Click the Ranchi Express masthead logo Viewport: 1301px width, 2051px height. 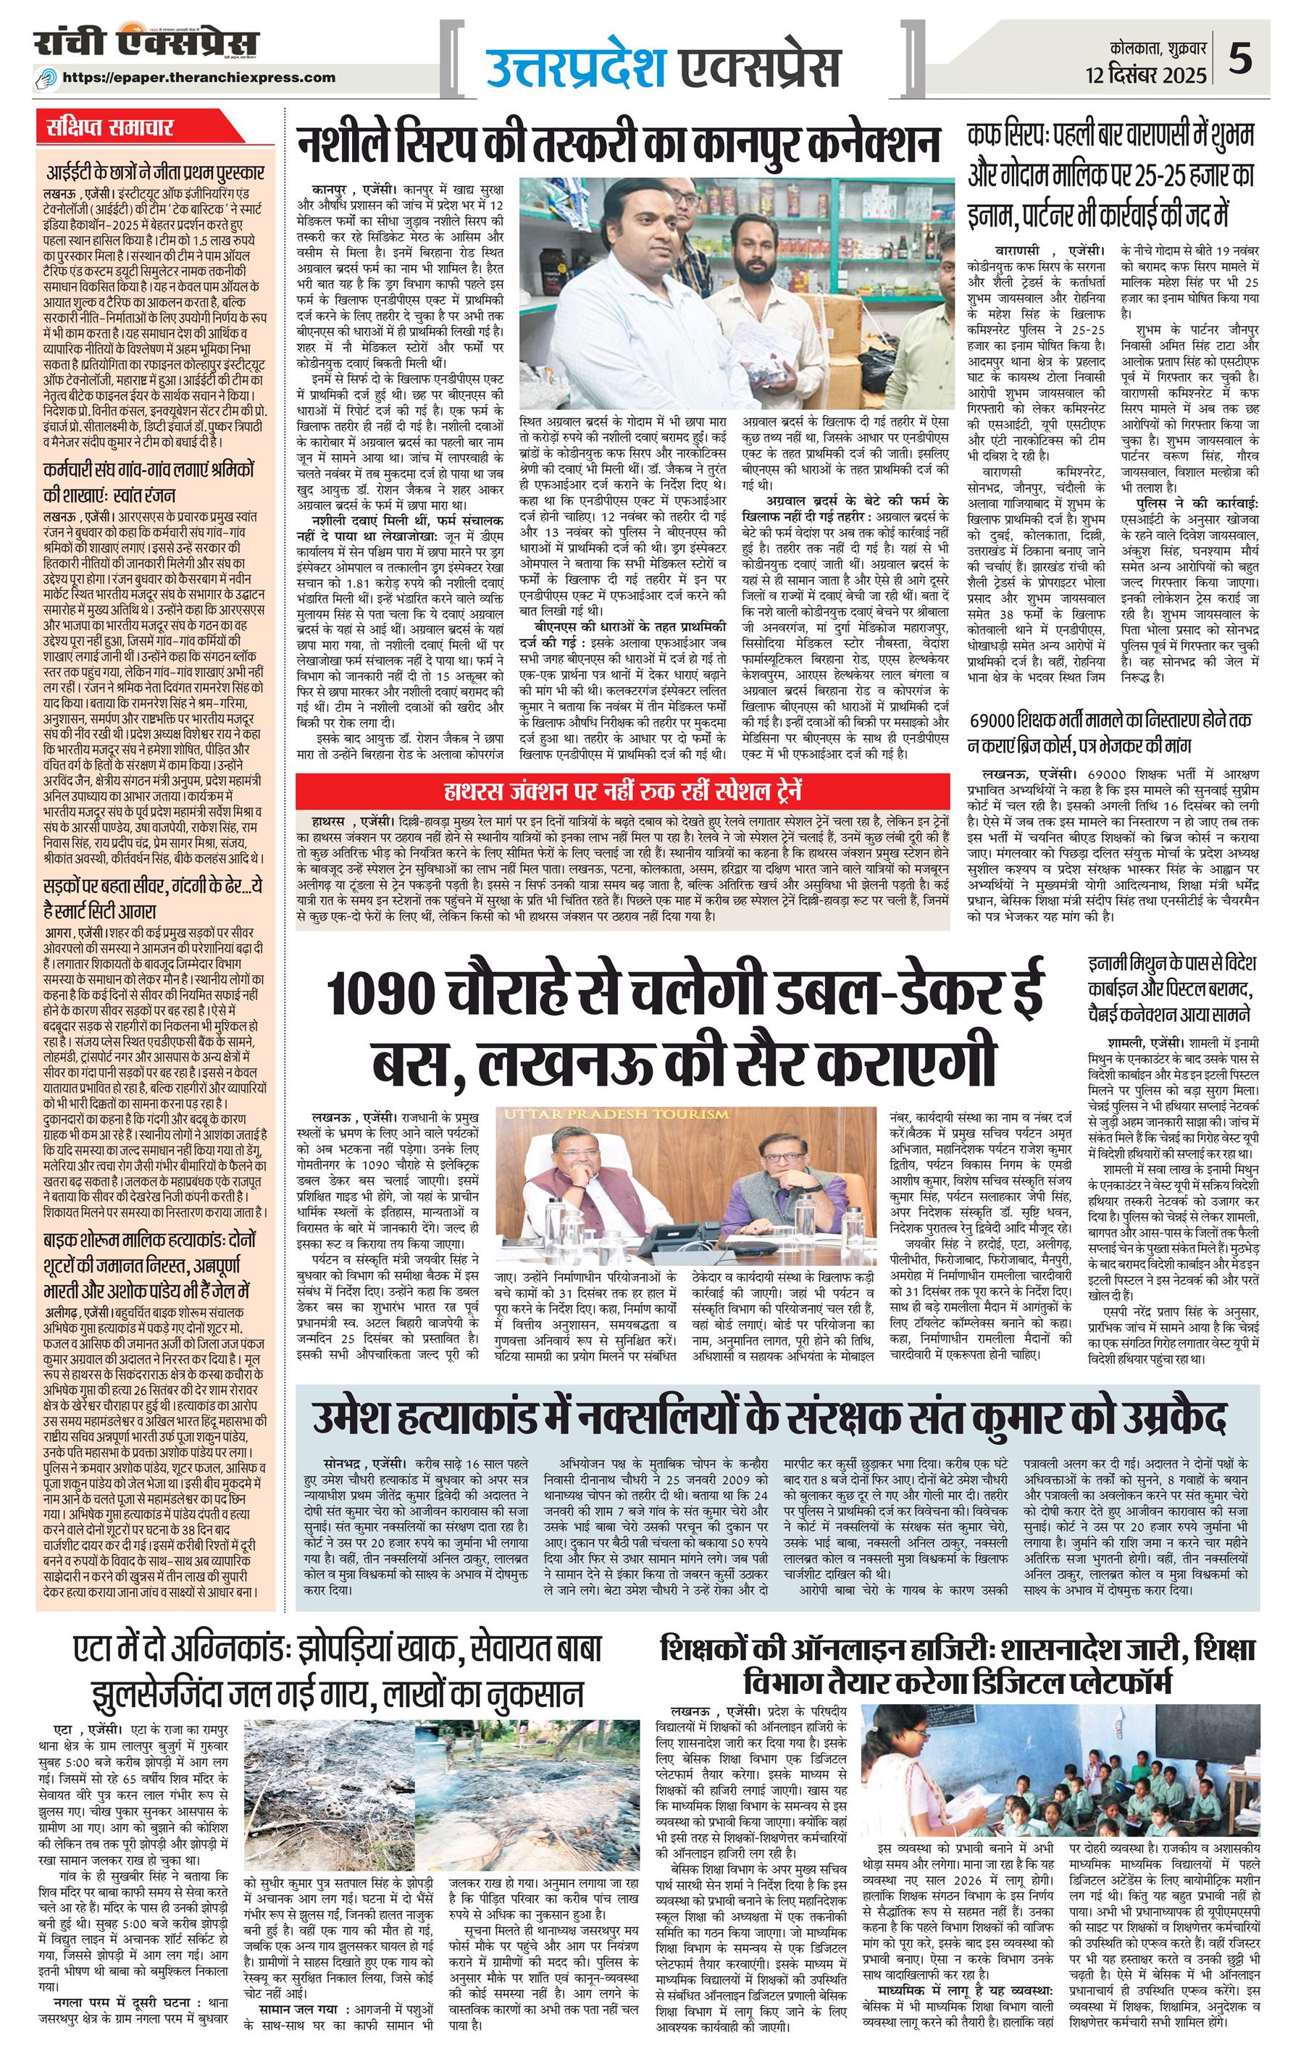146,43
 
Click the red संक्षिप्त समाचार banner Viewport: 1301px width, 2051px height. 112,129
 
